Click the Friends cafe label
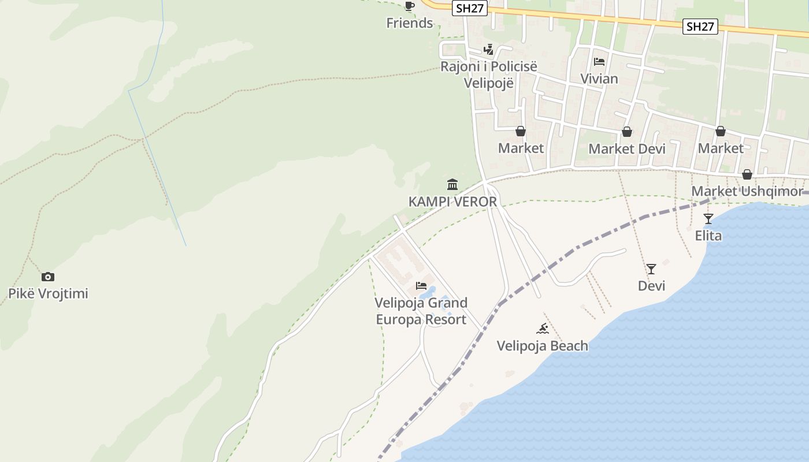410,23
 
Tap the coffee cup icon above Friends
410,6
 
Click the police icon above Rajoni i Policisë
489,50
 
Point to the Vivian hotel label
599,79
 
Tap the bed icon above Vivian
599,61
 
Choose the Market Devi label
627,149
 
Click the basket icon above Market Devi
627,132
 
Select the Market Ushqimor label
747,191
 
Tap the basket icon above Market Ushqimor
747,174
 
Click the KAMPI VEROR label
452,202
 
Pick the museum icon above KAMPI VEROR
452,185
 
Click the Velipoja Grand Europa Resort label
421,311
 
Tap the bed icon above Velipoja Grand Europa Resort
421,286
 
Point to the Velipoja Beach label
543,346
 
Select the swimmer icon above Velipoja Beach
542,329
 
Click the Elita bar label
708,236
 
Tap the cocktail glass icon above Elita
708,219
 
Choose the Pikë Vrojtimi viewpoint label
48,293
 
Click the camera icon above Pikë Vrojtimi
48,277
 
